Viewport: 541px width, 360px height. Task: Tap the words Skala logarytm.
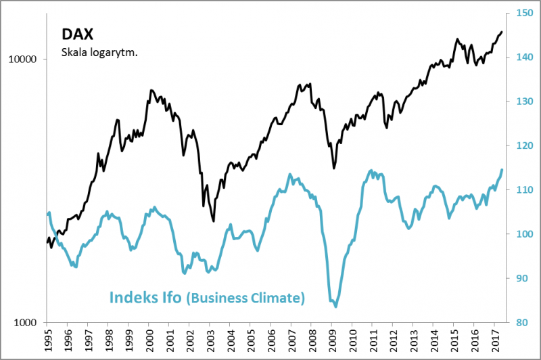(x=99, y=52)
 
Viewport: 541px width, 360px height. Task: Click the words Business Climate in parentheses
(x=246, y=298)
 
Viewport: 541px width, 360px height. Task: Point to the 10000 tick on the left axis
(x=27, y=60)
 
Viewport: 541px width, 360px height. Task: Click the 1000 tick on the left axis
(x=30, y=323)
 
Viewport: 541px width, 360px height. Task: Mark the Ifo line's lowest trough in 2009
(x=335, y=307)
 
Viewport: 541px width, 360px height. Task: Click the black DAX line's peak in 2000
(x=151, y=90)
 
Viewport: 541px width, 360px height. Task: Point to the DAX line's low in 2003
(x=213, y=221)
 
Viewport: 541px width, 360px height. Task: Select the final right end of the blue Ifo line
(x=502, y=169)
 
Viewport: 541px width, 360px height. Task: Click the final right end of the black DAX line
(x=502, y=31)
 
